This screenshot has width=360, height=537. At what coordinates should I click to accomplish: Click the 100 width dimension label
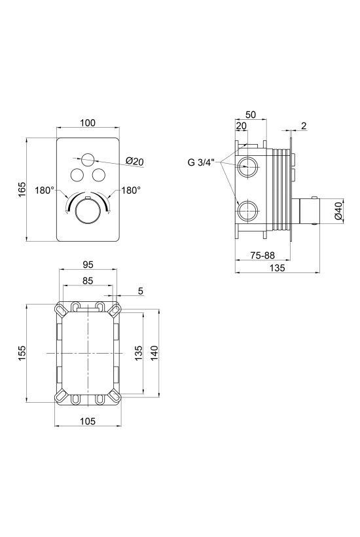[x=88, y=122]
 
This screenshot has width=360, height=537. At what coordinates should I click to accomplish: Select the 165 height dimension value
[x=22, y=189]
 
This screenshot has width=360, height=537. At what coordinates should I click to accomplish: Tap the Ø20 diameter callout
[x=134, y=161]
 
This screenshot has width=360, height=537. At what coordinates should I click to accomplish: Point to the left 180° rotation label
[x=45, y=191]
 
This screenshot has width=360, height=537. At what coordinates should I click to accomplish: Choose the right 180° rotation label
[x=131, y=191]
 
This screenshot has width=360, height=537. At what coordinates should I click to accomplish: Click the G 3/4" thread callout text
[x=200, y=162]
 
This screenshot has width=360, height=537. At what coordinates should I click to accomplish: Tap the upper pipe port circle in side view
[x=246, y=166]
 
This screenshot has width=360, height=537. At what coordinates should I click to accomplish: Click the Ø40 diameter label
[x=338, y=212]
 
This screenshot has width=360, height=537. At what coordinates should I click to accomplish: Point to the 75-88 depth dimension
[x=262, y=255]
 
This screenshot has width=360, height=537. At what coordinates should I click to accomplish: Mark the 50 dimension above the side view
[x=251, y=115]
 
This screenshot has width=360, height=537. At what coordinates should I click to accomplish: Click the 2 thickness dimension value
[x=304, y=126]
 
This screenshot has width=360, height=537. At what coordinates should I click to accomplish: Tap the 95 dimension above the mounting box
[x=88, y=265]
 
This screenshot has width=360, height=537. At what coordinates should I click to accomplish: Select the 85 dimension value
[x=88, y=280]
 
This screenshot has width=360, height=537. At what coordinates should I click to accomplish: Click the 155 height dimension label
[x=22, y=353]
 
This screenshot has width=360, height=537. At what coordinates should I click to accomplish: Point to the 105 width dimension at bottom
[x=88, y=421]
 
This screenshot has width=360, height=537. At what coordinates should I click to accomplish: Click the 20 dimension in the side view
[x=242, y=126]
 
